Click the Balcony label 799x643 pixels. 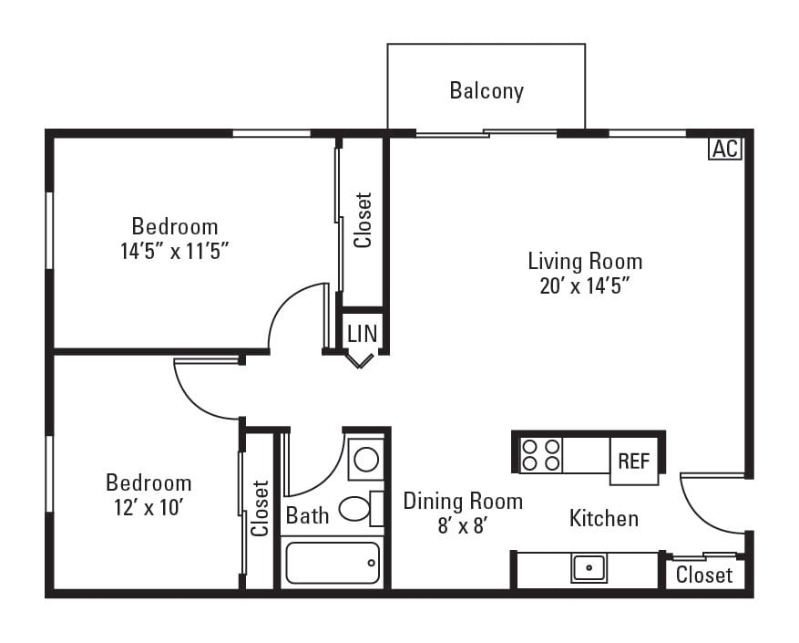point(487,91)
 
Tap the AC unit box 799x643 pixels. point(725,149)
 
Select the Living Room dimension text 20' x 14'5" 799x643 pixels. point(584,285)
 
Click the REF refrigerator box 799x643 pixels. point(634,461)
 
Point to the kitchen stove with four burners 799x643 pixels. point(540,454)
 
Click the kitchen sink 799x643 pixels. point(589,567)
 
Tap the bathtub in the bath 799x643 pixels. point(333,563)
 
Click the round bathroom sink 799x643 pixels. point(366,457)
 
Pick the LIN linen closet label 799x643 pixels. point(362,334)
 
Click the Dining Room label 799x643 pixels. point(463,501)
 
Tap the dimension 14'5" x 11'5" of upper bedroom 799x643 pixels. point(174,251)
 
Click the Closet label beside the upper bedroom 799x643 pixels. point(364,220)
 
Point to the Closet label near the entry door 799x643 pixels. point(704,576)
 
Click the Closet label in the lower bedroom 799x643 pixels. point(261,508)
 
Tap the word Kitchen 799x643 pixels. point(603,519)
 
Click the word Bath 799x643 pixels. point(307,515)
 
